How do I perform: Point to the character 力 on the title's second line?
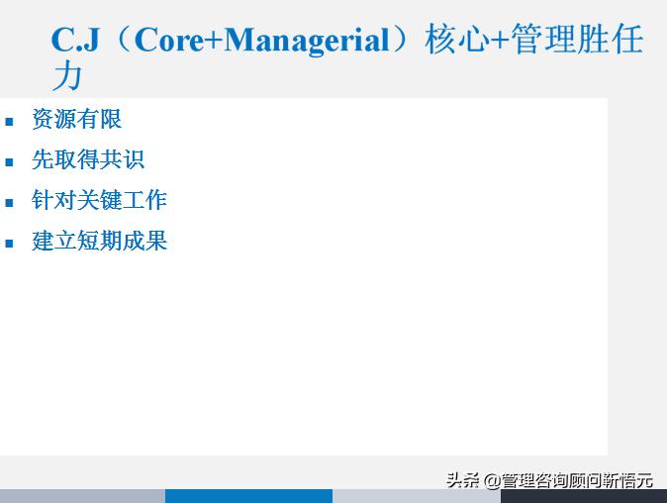tap(67, 75)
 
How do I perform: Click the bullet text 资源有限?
tap(76, 120)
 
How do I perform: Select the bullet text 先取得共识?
tap(88, 160)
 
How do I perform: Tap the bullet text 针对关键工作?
tap(99, 201)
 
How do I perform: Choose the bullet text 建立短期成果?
tap(99, 242)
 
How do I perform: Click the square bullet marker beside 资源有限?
tap(10, 122)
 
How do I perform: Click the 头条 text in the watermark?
tap(462, 480)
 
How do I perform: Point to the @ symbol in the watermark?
tap(491, 480)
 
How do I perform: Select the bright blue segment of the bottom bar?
tap(248, 496)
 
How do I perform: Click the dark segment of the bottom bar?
tap(583, 496)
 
